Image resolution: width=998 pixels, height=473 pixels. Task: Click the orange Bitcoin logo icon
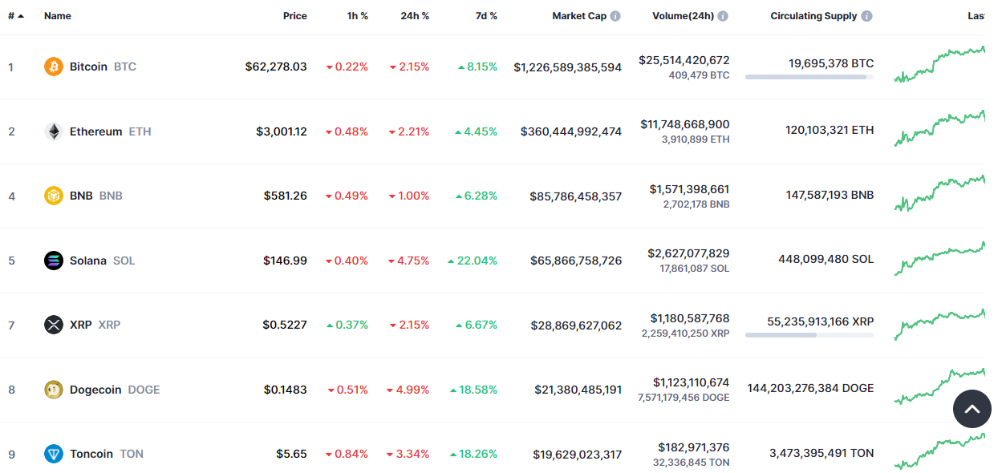coord(54,67)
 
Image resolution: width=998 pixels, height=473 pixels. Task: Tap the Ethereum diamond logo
coord(54,131)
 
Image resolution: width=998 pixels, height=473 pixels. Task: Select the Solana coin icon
coord(54,261)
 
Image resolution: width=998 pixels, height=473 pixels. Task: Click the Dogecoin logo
coord(54,390)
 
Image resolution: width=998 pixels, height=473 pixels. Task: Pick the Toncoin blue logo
coord(54,454)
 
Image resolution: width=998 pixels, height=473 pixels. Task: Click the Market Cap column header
coord(579,16)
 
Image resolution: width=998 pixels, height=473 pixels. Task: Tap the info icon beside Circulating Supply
coord(867,16)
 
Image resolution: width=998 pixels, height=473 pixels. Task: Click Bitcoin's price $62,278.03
coord(276,67)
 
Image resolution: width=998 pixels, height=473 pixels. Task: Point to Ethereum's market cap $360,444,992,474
coord(571,131)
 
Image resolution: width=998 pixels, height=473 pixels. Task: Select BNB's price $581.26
coord(285,196)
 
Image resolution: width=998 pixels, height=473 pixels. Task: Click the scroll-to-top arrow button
coord(972,410)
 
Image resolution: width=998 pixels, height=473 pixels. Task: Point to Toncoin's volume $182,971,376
coord(694,447)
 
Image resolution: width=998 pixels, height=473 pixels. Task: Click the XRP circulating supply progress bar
coord(809,335)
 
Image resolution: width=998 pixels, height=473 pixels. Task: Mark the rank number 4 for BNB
coord(11,196)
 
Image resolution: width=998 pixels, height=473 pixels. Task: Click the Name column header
coord(58,16)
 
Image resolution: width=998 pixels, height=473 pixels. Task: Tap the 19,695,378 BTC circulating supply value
coord(831,63)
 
